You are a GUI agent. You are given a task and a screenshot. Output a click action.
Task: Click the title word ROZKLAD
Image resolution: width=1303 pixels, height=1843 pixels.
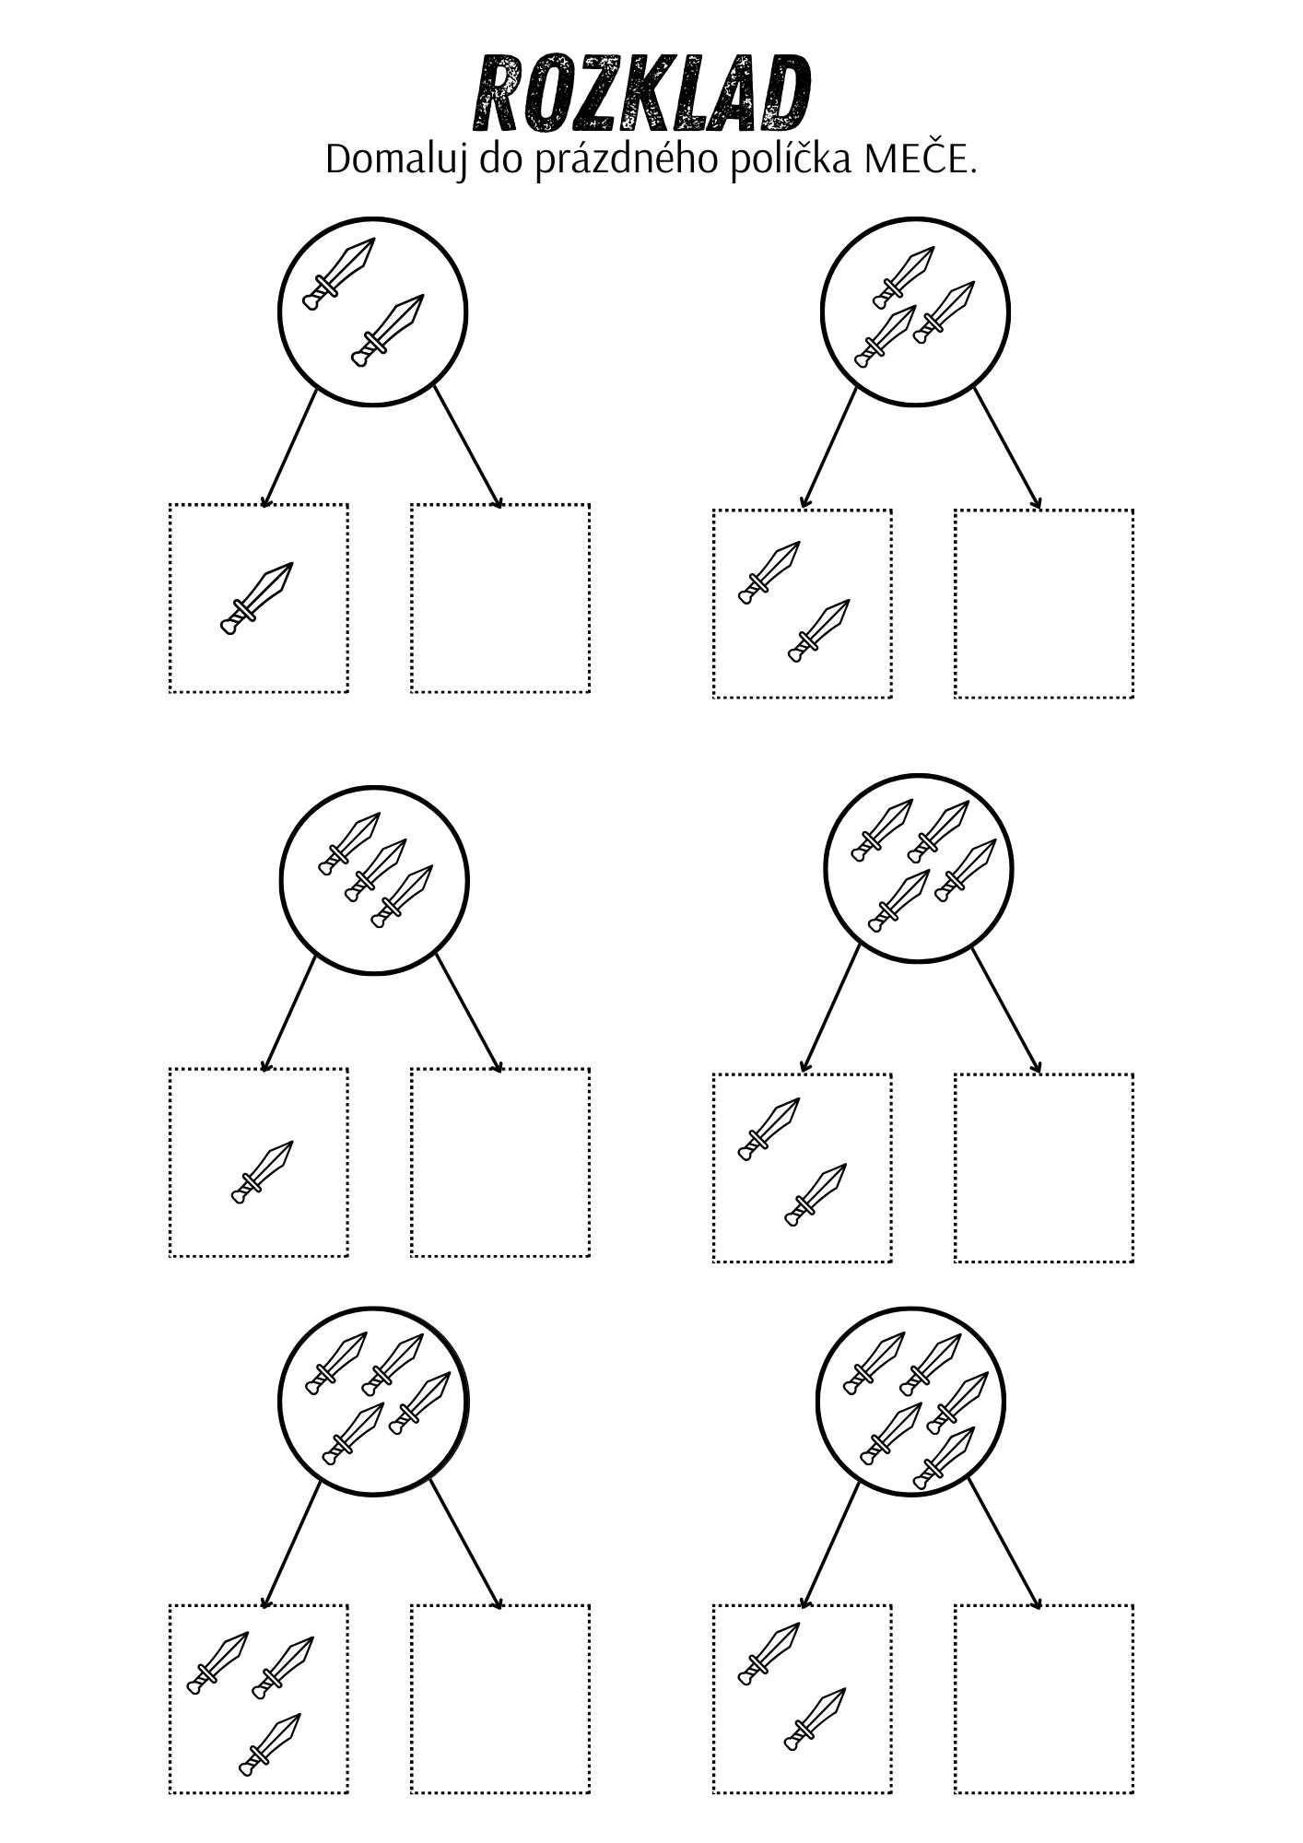tap(642, 94)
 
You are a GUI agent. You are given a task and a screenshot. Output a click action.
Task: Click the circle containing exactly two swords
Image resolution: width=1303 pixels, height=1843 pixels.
tap(373, 311)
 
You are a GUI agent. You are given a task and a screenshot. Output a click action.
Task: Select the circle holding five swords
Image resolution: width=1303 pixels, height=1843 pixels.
tap(910, 1402)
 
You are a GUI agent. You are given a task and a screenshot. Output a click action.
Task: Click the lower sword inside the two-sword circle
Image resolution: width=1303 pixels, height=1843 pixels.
tap(388, 331)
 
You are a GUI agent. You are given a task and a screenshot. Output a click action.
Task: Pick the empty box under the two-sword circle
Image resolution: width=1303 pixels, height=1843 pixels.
tap(500, 598)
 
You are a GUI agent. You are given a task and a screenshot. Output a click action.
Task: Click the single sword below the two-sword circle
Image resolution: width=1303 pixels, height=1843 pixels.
tap(257, 598)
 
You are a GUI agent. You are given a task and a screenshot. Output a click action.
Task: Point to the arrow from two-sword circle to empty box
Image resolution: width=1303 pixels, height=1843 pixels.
tap(468, 448)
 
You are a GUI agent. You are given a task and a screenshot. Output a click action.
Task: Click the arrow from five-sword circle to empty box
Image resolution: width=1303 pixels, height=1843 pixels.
tap(1004, 1545)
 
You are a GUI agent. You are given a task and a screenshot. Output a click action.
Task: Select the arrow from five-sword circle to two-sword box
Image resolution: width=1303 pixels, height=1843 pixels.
tap(829, 1545)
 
